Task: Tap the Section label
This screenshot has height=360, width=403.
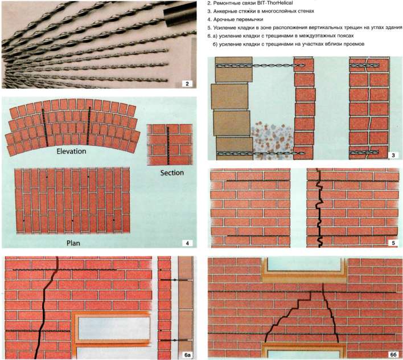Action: coord(168,173)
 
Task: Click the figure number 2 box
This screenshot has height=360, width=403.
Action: coord(186,84)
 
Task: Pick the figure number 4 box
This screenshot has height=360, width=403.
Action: coord(186,243)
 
